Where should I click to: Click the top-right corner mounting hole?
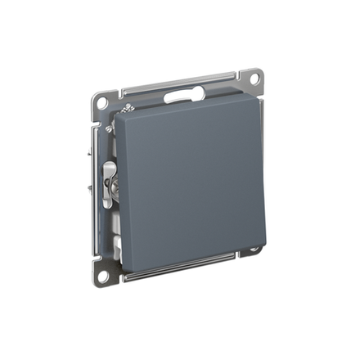[x=254, y=79]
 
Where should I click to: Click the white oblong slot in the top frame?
[x=184, y=94]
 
